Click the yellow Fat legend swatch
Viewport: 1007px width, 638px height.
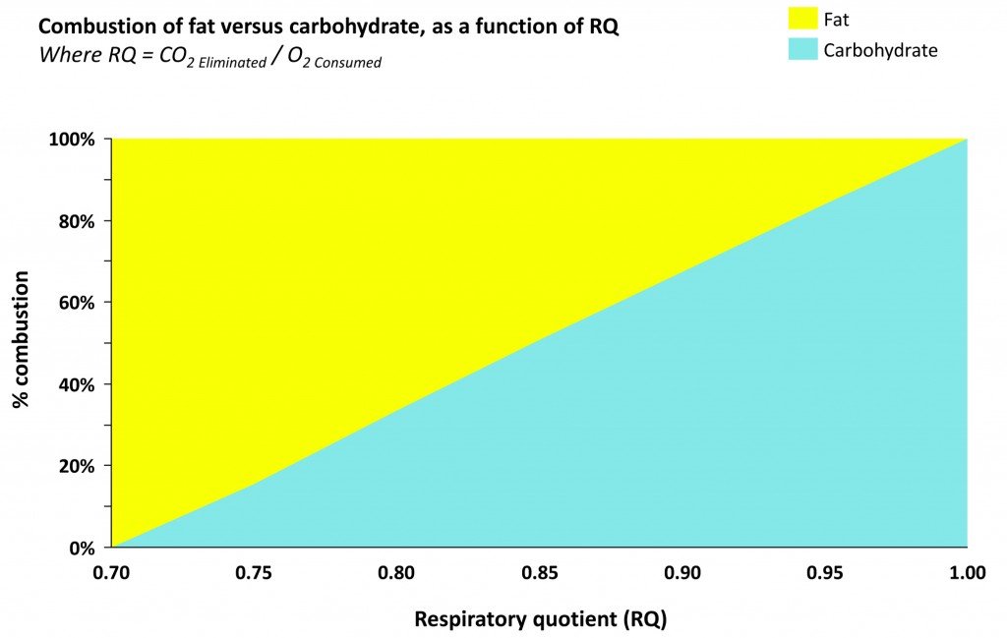(803, 18)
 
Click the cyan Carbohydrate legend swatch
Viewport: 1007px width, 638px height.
(803, 49)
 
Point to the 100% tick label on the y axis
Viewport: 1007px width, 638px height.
(72, 140)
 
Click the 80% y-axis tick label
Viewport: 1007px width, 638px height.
(76, 221)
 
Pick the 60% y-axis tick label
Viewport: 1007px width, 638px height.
(76, 303)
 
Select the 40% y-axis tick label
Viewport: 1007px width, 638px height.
(76, 384)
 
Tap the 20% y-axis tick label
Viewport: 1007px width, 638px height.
(76, 466)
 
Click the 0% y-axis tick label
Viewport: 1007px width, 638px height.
(80, 548)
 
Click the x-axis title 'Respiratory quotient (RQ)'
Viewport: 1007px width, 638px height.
(540, 619)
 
